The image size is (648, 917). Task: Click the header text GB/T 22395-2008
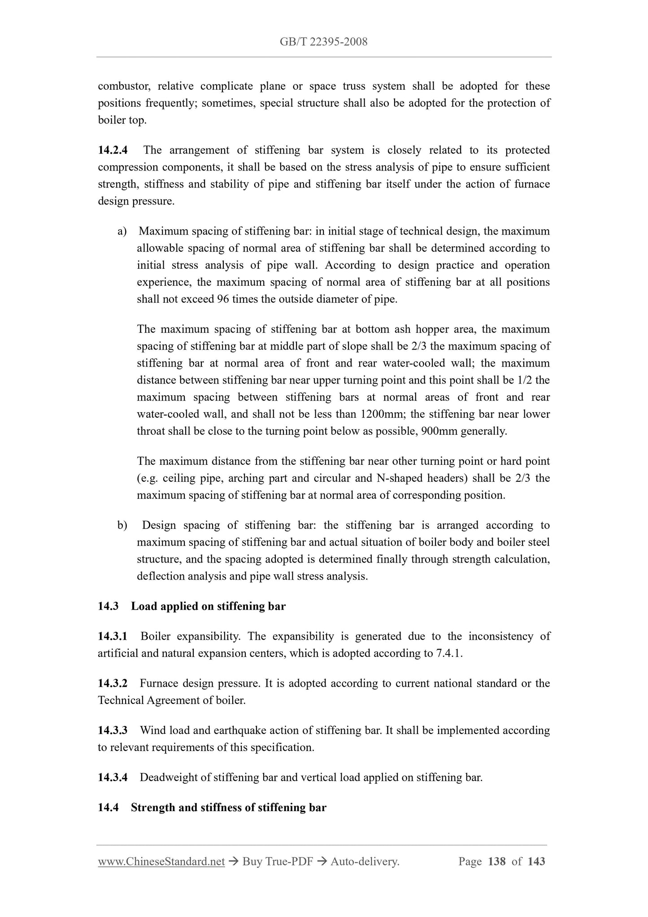[x=323, y=42]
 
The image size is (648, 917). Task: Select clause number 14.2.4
[x=113, y=150]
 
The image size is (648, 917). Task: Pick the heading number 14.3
[x=108, y=607]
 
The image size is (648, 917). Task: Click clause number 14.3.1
[x=113, y=637]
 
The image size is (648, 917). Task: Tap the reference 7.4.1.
[x=448, y=654]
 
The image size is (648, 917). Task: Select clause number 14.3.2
[x=113, y=684]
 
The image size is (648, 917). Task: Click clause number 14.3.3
[x=113, y=731]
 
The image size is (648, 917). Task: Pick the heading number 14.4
[x=108, y=808]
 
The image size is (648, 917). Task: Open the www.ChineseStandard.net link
[x=161, y=862]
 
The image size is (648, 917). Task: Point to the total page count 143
[x=536, y=862]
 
